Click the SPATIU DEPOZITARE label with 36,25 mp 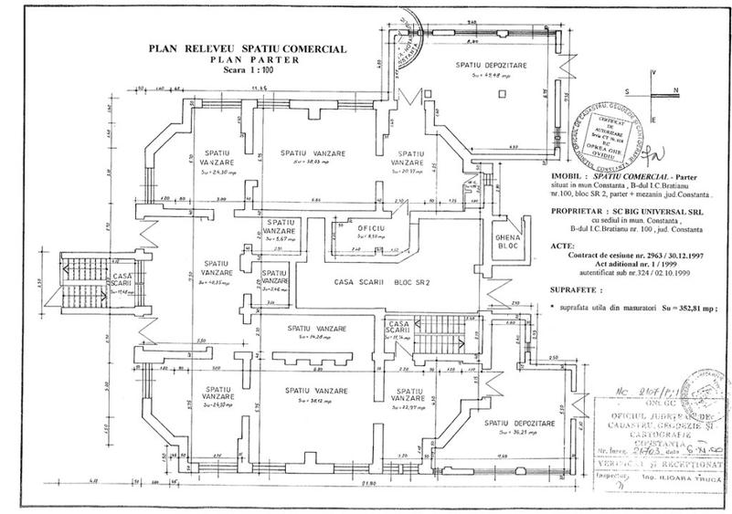tap(519, 426)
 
